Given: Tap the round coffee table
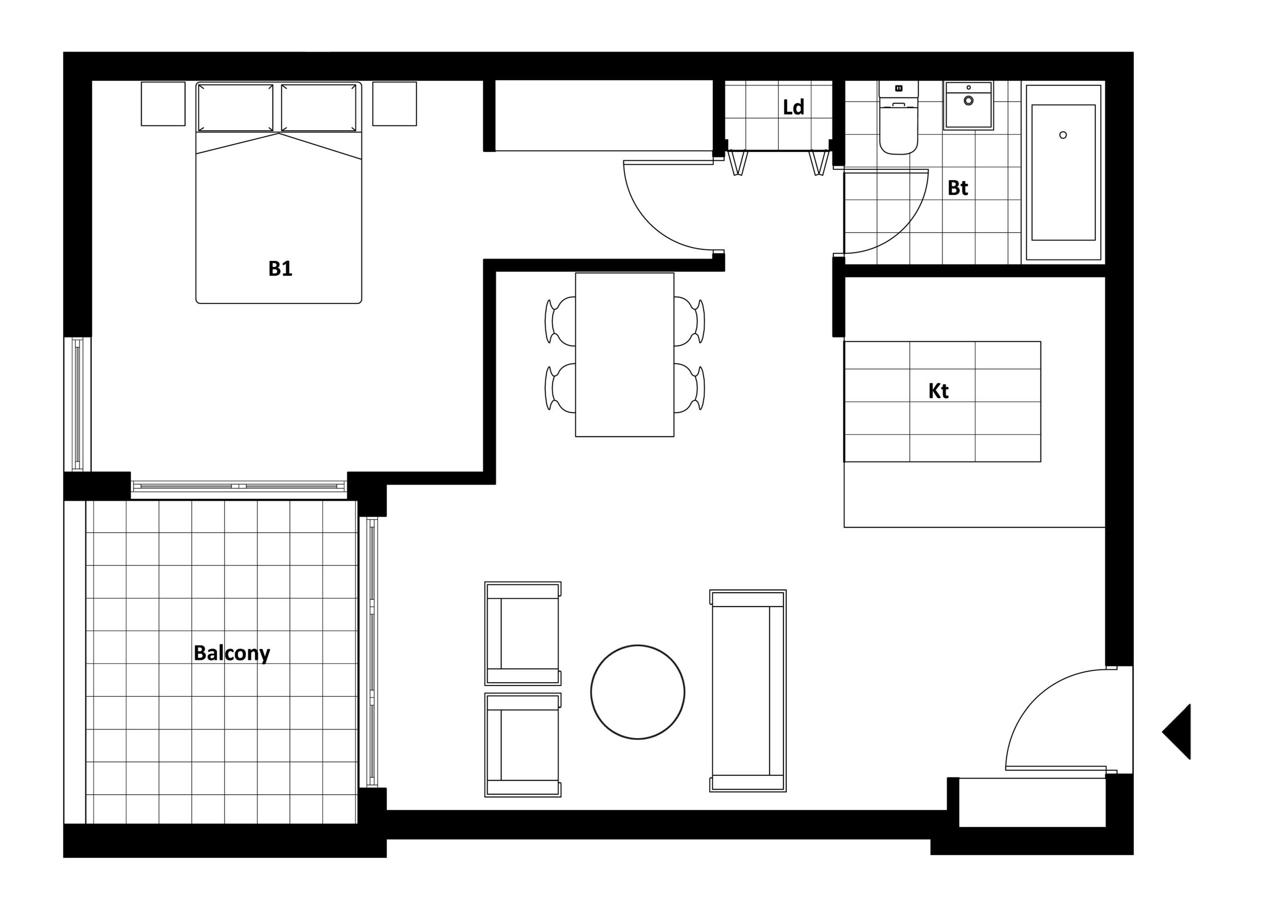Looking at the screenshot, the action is point(638,692).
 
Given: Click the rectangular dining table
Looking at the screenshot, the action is point(625,355).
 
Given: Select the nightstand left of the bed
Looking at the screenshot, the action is point(163,104).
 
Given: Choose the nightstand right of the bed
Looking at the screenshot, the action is point(395,104).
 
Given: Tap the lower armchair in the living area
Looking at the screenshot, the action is point(523,745).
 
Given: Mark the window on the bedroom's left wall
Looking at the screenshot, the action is point(78,404).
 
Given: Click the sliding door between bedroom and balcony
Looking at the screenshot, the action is point(238,486).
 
